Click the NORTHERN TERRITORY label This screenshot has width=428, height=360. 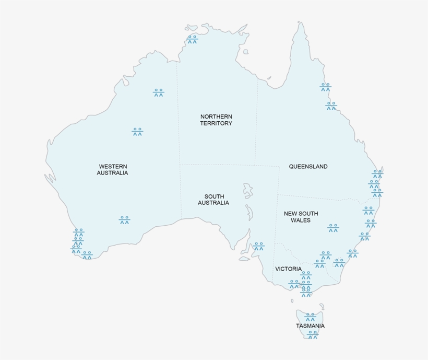point(216,120)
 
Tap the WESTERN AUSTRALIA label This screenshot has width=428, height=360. point(112,169)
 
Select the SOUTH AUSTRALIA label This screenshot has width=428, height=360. point(213,200)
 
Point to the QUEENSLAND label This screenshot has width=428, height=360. point(308,167)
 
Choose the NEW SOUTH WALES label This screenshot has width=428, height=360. point(301,217)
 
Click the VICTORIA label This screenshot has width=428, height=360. point(289,269)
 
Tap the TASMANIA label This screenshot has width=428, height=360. point(310,326)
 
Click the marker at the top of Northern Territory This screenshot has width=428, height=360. point(193,39)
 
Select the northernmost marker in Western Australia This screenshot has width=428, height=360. point(159,92)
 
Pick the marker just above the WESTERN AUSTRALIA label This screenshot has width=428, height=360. point(137,132)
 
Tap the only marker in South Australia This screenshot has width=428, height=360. point(259,246)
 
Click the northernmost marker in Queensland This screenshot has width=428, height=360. point(325,87)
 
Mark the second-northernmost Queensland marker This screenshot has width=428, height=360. point(331,106)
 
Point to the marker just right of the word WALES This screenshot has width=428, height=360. point(333,228)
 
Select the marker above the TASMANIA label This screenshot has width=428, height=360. point(311,317)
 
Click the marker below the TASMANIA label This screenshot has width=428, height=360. point(313,334)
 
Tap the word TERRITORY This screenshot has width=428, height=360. point(216,123)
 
